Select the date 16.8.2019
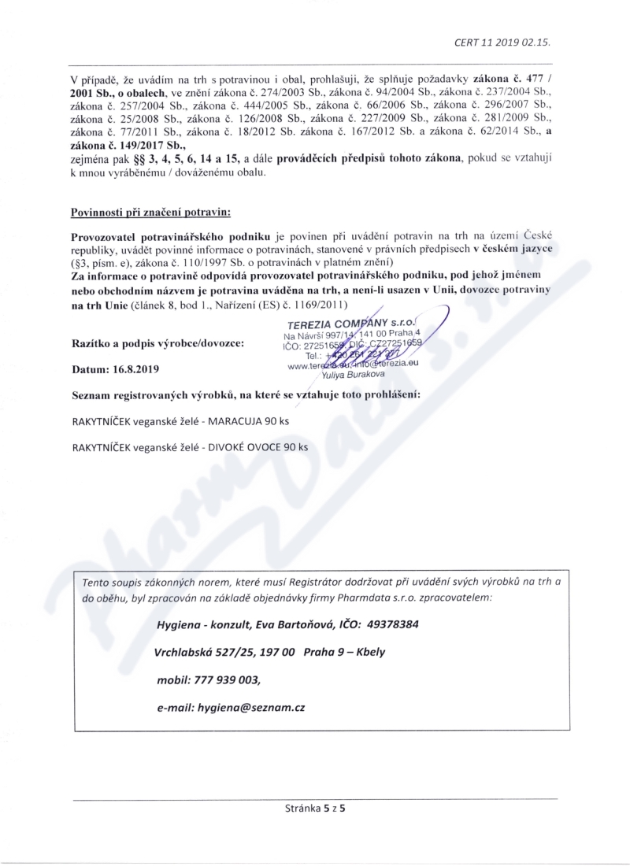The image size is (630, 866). tap(124, 368)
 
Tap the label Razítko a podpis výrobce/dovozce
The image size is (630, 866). tap(157, 343)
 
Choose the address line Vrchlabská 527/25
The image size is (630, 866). tap(211, 653)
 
